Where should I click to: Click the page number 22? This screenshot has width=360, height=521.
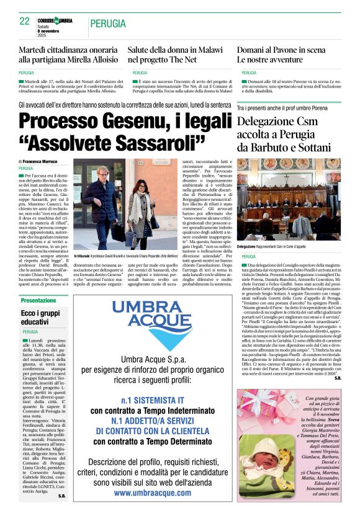[x=24, y=21]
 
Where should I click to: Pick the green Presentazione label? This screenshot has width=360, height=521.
[x=38, y=300]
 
